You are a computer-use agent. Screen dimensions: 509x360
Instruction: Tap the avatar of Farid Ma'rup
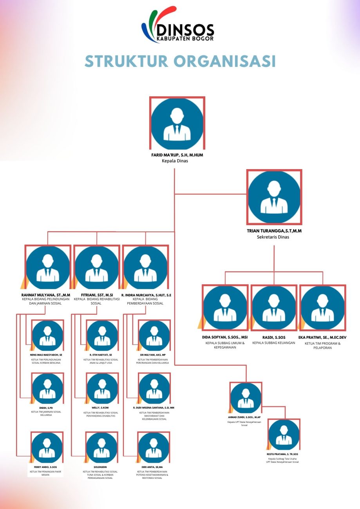coord(177,123)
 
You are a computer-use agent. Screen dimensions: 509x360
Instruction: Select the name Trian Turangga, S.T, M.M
coord(274,231)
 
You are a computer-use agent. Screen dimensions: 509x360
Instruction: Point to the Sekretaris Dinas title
coord(273,237)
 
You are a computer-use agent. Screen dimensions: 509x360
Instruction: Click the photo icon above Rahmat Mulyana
coord(48,268)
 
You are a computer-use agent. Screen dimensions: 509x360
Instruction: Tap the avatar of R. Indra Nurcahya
coord(145,268)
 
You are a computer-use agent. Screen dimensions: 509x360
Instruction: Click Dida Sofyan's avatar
coord(225,308)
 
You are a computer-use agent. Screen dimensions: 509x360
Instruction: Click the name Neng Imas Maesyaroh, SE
coord(46,355)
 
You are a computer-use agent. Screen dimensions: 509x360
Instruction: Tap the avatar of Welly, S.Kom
coord(102,388)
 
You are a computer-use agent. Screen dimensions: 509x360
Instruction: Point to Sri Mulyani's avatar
coord(154,336)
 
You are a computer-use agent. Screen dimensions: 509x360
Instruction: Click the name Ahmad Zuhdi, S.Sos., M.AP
coord(244,417)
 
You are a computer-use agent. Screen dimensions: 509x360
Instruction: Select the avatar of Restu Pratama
coord(284,435)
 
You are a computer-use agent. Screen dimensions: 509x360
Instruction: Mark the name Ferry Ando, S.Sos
coord(46,467)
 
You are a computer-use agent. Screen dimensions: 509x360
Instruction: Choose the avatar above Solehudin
coord(102,448)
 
